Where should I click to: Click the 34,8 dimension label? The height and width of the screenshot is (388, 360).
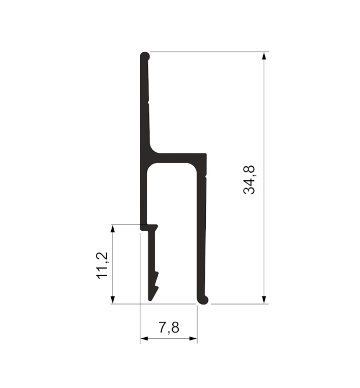(x=249, y=180)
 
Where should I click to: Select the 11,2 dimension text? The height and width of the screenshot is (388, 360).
(x=102, y=266)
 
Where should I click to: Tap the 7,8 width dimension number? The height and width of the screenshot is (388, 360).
(x=168, y=328)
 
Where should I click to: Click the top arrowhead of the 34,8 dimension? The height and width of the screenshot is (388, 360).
(x=264, y=56)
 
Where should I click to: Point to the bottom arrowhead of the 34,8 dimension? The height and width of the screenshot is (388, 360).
(x=264, y=300)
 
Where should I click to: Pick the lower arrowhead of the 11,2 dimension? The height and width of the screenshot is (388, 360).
(x=113, y=300)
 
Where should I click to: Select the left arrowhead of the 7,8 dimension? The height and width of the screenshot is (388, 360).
(x=144, y=338)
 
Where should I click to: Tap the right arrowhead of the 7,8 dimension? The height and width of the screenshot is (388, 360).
(x=194, y=338)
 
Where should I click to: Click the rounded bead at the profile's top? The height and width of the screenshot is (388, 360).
(x=145, y=56)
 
